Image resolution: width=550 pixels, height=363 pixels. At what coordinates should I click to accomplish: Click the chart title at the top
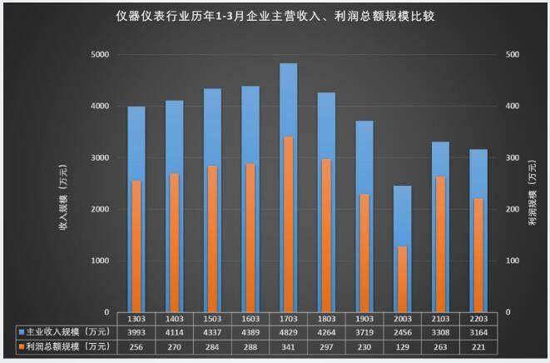(275, 15)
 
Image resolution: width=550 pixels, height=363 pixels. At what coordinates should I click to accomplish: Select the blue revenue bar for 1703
(288, 100)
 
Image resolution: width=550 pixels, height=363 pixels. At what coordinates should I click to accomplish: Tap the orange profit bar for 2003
(402, 279)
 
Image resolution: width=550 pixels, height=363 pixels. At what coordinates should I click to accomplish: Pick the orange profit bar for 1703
(288, 225)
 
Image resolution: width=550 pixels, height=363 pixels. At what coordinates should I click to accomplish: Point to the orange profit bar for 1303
(136, 246)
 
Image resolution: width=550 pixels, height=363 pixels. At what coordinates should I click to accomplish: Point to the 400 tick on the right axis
(513, 107)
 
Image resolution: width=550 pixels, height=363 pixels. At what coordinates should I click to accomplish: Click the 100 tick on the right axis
(513, 261)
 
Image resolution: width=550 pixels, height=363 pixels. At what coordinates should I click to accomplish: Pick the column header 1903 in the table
(364, 318)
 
